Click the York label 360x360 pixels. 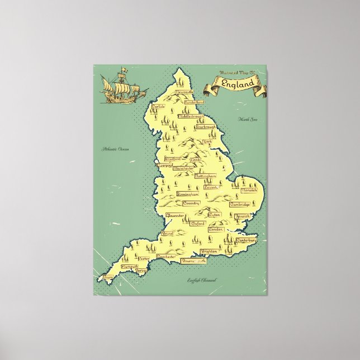click(x=208, y=142)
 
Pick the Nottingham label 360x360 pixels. click(x=205, y=176)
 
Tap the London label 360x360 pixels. click(x=215, y=229)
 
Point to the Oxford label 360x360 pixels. click(x=197, y=223)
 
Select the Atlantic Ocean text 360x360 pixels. click(x=115, y=149)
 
